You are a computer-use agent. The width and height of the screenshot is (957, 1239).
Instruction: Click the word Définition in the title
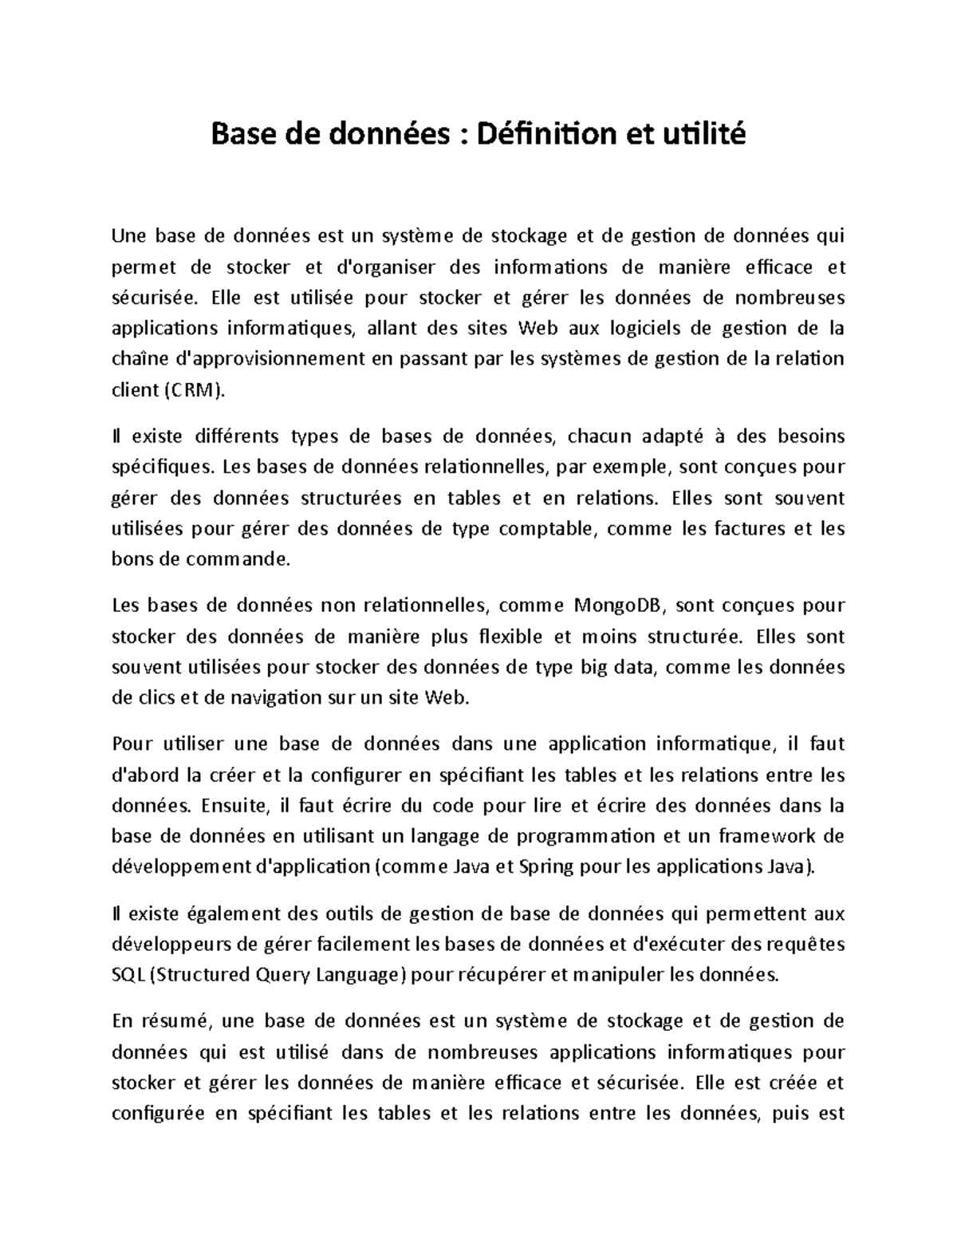545,135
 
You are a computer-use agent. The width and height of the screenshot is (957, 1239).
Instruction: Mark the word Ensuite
236,806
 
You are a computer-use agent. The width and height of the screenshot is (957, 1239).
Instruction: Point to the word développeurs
168,944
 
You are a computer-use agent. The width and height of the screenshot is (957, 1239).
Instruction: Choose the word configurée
157,1114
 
